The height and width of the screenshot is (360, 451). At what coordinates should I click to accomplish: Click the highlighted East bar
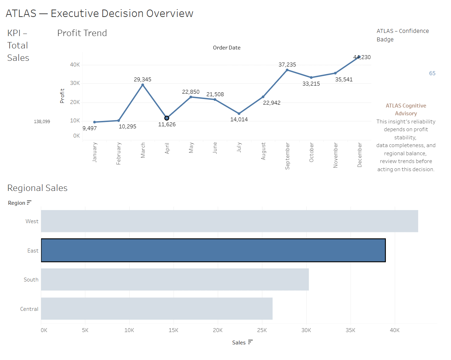[213, 250]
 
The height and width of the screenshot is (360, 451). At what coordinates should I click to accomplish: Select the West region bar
[229, 221]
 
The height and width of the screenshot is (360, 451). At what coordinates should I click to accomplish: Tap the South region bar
[175, 279]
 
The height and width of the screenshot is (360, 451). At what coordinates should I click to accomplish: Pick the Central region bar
[157, 309]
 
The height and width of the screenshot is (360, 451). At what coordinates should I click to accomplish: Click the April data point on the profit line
[167, 118]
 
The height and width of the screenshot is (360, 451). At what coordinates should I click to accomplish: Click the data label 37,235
[287, 65]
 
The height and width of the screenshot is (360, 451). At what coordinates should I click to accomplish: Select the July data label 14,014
[239, 120]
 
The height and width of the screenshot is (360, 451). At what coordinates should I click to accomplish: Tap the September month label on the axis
[287, 156]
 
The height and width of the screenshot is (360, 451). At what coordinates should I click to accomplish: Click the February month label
[119, 153]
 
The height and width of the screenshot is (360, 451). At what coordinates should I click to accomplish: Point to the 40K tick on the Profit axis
[75, 65]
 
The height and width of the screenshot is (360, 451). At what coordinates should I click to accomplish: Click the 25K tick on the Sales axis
[262, 330]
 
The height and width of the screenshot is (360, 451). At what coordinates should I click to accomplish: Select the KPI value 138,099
[42, 122]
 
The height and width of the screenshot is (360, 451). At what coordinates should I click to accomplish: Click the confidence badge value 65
[432, 74]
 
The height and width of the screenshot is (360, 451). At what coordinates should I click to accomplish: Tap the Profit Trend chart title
[82, 33]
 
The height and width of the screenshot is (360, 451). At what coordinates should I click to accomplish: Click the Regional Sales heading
[38, 188]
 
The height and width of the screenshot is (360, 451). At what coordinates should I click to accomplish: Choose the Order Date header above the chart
[227, 48]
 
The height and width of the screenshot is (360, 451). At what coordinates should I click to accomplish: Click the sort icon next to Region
[29, 203]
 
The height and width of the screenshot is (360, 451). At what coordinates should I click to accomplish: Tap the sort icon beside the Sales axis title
[250, 342]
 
